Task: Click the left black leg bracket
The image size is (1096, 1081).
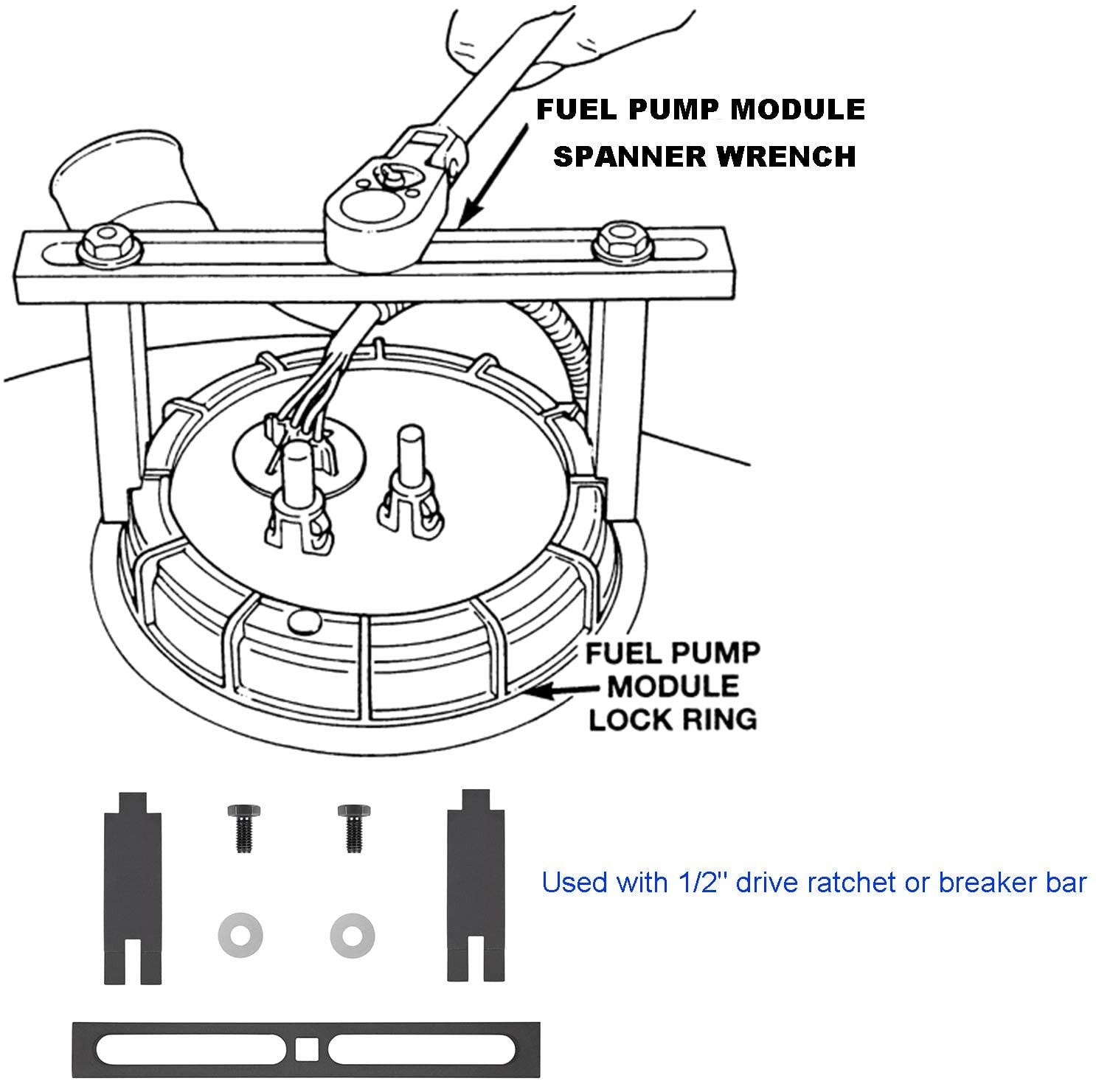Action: click(130, 886)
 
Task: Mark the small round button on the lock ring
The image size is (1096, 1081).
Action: click(302, 621)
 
